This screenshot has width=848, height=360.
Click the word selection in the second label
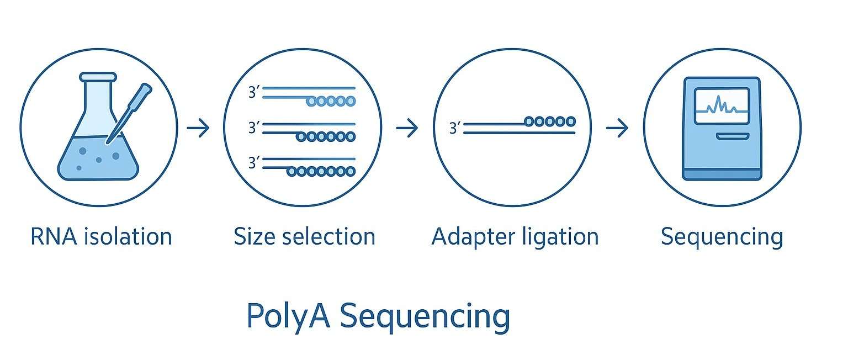(x=330, y=237)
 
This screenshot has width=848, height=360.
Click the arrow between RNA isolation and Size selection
(x=198, y=129)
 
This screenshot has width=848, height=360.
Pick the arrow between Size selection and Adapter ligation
(x=407, y=129)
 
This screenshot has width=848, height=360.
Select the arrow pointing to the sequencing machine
(x=617, y=129)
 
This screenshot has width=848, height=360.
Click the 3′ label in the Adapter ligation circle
(x=455, y=129)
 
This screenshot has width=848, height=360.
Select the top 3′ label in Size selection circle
(x=254, y=92)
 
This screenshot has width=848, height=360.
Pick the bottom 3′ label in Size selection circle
(x=254, y=163)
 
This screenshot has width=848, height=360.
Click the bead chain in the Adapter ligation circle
(x=550, y=121)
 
